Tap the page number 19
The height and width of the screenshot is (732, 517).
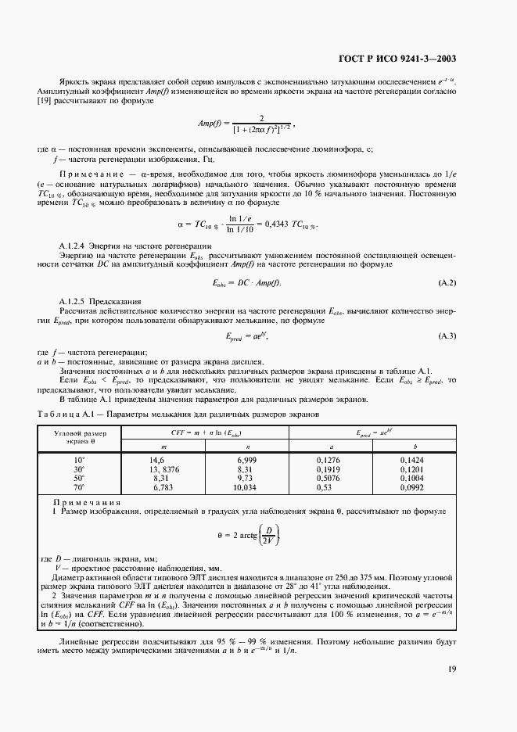453,669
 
